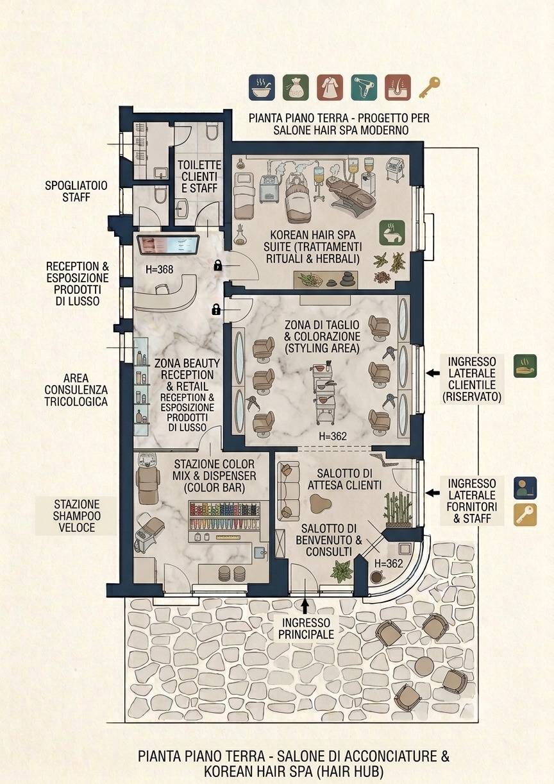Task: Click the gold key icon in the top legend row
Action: click(x=430, y=87)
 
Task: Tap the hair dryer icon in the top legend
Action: click(x=364, y=87)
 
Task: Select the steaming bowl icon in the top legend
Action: click(x=262, y=87)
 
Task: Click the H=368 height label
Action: click(x=160, y=269)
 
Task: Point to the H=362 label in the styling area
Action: click(x=333, y=436)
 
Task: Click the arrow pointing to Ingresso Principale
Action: click(x=305, y=606)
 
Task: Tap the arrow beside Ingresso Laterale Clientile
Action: click(x=433, y=373)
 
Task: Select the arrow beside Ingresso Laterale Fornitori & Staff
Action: click(x=433, y=493)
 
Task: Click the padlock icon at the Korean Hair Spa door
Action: click(x=218, y=266)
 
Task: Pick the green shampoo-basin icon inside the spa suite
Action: click(x=392, y=232)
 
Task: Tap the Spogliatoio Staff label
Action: click(x=76, y=191)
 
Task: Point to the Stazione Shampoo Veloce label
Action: click(x=76, y=516)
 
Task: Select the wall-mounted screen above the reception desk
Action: click(x=168, y=245)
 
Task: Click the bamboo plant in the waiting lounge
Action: click(x=398, y=509)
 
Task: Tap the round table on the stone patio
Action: click(x=424, y=665)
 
